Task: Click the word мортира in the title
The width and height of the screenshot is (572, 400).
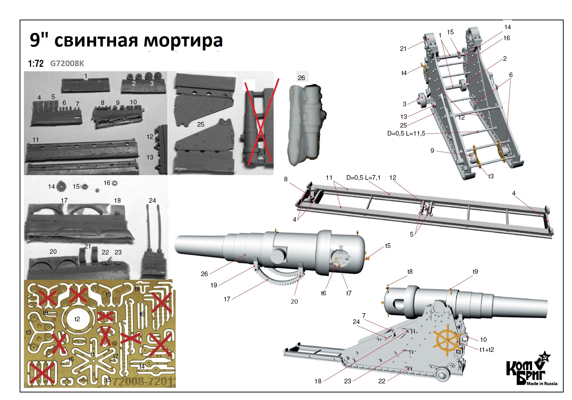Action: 183,41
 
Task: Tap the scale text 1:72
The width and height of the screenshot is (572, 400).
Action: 36,63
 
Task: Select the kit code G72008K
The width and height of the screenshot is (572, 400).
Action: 67,63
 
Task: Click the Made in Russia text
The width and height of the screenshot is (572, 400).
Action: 542,383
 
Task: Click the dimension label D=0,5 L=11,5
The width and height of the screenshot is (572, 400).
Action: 406,134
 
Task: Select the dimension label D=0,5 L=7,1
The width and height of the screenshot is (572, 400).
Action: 363,178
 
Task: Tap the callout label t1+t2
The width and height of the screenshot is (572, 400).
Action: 487,350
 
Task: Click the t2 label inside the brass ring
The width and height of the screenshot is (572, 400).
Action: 77,319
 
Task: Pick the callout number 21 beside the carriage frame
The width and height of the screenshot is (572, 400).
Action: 403,49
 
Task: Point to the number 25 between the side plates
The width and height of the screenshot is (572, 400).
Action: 201,124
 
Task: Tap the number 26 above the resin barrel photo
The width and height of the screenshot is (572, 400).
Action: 301,78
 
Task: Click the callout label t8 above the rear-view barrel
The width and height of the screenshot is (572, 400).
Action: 410,272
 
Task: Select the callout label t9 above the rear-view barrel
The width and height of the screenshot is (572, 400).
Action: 475,272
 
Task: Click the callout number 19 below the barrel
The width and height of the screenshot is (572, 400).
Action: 214,285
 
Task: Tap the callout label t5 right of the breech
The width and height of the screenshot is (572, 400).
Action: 388,246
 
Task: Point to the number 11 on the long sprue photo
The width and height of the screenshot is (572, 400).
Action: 36,140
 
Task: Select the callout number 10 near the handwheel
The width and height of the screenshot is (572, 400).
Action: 483,340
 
